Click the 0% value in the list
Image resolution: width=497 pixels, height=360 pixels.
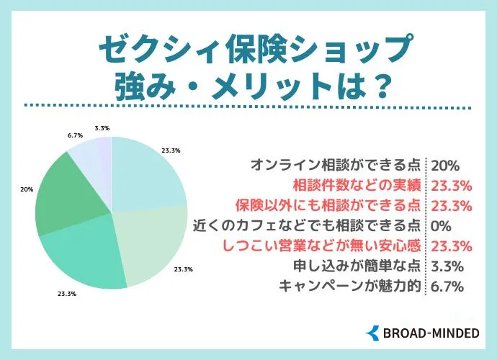[x=440, y=225]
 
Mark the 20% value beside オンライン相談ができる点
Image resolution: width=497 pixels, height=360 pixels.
[x=444, y=165]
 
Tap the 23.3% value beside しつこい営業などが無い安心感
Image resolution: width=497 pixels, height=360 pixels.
[x=450, y=246]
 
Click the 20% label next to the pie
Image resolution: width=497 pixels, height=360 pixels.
[x=26, y=189]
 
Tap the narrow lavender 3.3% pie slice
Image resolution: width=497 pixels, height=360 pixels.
[x=105, y=158]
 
